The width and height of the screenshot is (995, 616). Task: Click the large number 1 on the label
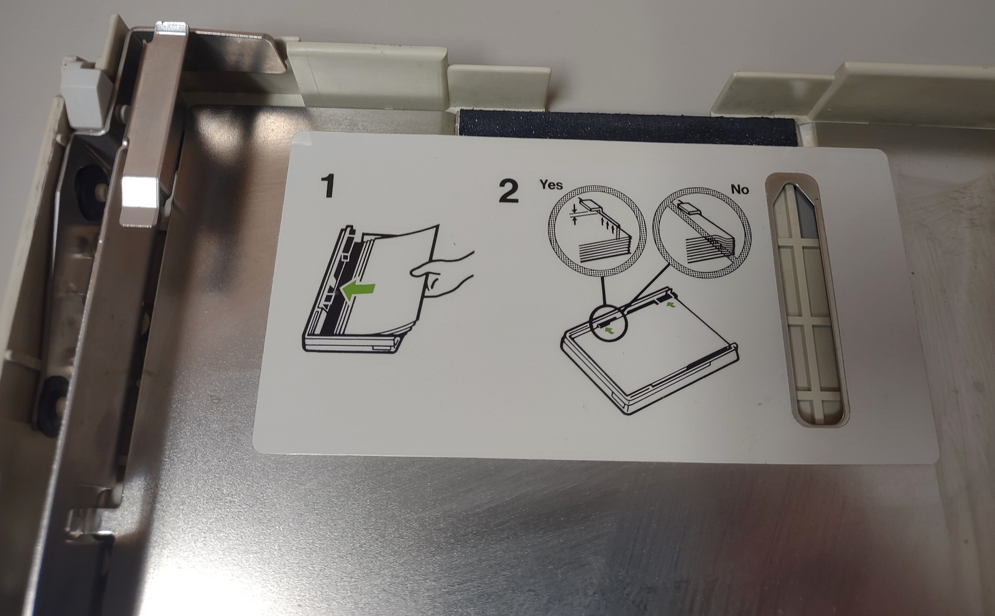point(328,186)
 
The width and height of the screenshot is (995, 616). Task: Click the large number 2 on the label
point(509,190)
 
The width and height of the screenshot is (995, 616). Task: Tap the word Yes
point(551,184)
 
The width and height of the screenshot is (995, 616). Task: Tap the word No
point(739,189)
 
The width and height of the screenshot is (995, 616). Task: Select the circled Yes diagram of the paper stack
point(598,231)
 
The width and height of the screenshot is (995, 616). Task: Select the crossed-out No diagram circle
point(702,232)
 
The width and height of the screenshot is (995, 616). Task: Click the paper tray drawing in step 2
point(649,351)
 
